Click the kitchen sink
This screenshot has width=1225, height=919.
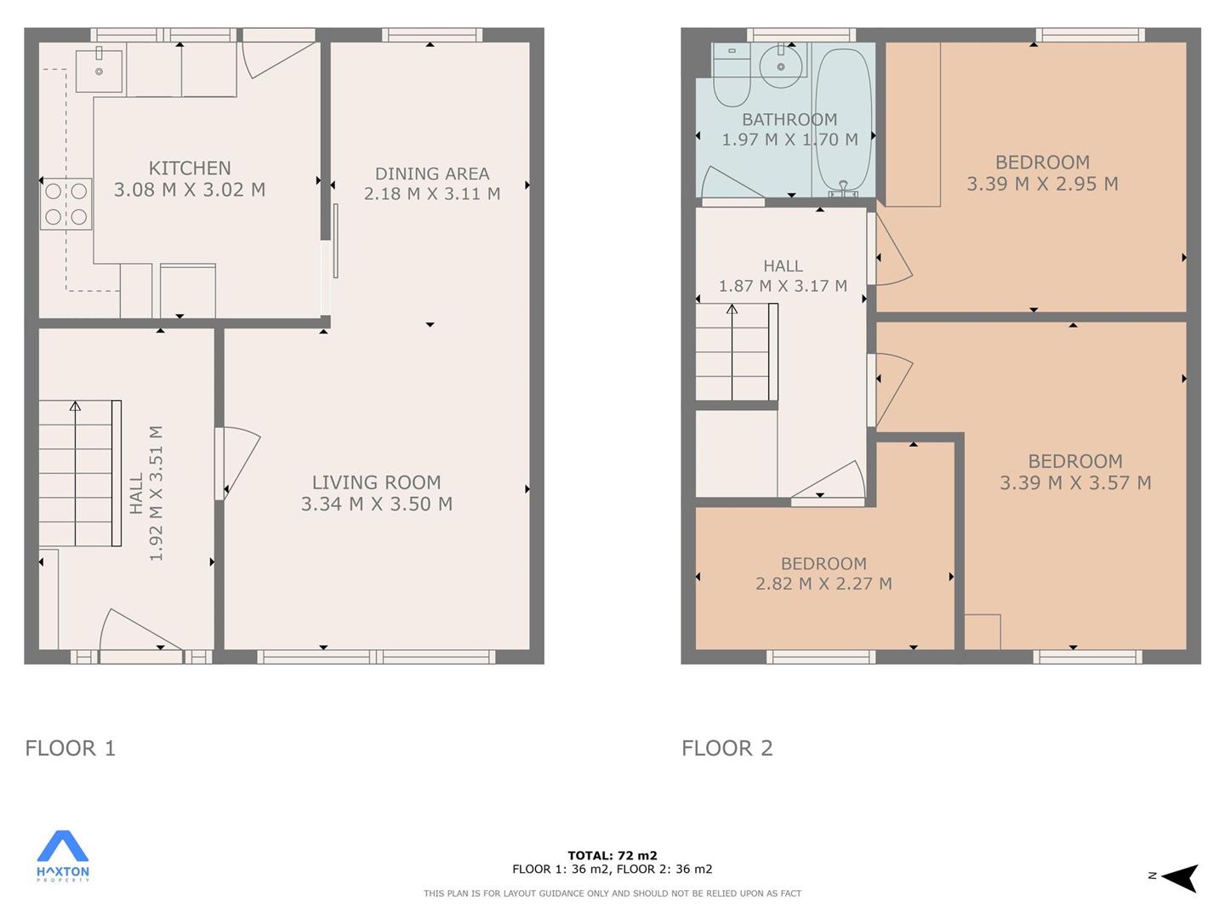click(x=99, y=71)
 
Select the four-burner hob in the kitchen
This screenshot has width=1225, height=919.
click(x=66, y=204)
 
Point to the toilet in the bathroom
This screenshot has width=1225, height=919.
click(x=732, y=77)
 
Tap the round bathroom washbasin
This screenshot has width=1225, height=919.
click(x=781, y=66)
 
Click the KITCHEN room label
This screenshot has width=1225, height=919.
click(x=190, y=168)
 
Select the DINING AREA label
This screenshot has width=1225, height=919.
click(x=432, y=174)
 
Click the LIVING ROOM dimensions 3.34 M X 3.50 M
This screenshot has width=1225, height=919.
click(x=377, y=504)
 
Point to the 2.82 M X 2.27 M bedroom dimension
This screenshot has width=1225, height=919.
click(x=823, y=584)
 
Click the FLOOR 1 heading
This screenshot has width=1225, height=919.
click(x=71, y=748)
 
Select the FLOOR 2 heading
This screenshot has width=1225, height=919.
click(x=727, y=748)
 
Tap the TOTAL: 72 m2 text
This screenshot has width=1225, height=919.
click(x=612, y=855)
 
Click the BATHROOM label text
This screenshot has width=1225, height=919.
click(x=789, y=119)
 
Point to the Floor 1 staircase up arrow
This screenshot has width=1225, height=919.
click(x=76, y=473)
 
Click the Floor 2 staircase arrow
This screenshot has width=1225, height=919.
click(x=732, y=352)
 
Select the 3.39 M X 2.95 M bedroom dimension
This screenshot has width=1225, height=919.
click(x=1042, y=184)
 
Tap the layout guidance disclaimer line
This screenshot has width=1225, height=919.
click(x=612, y=893)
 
